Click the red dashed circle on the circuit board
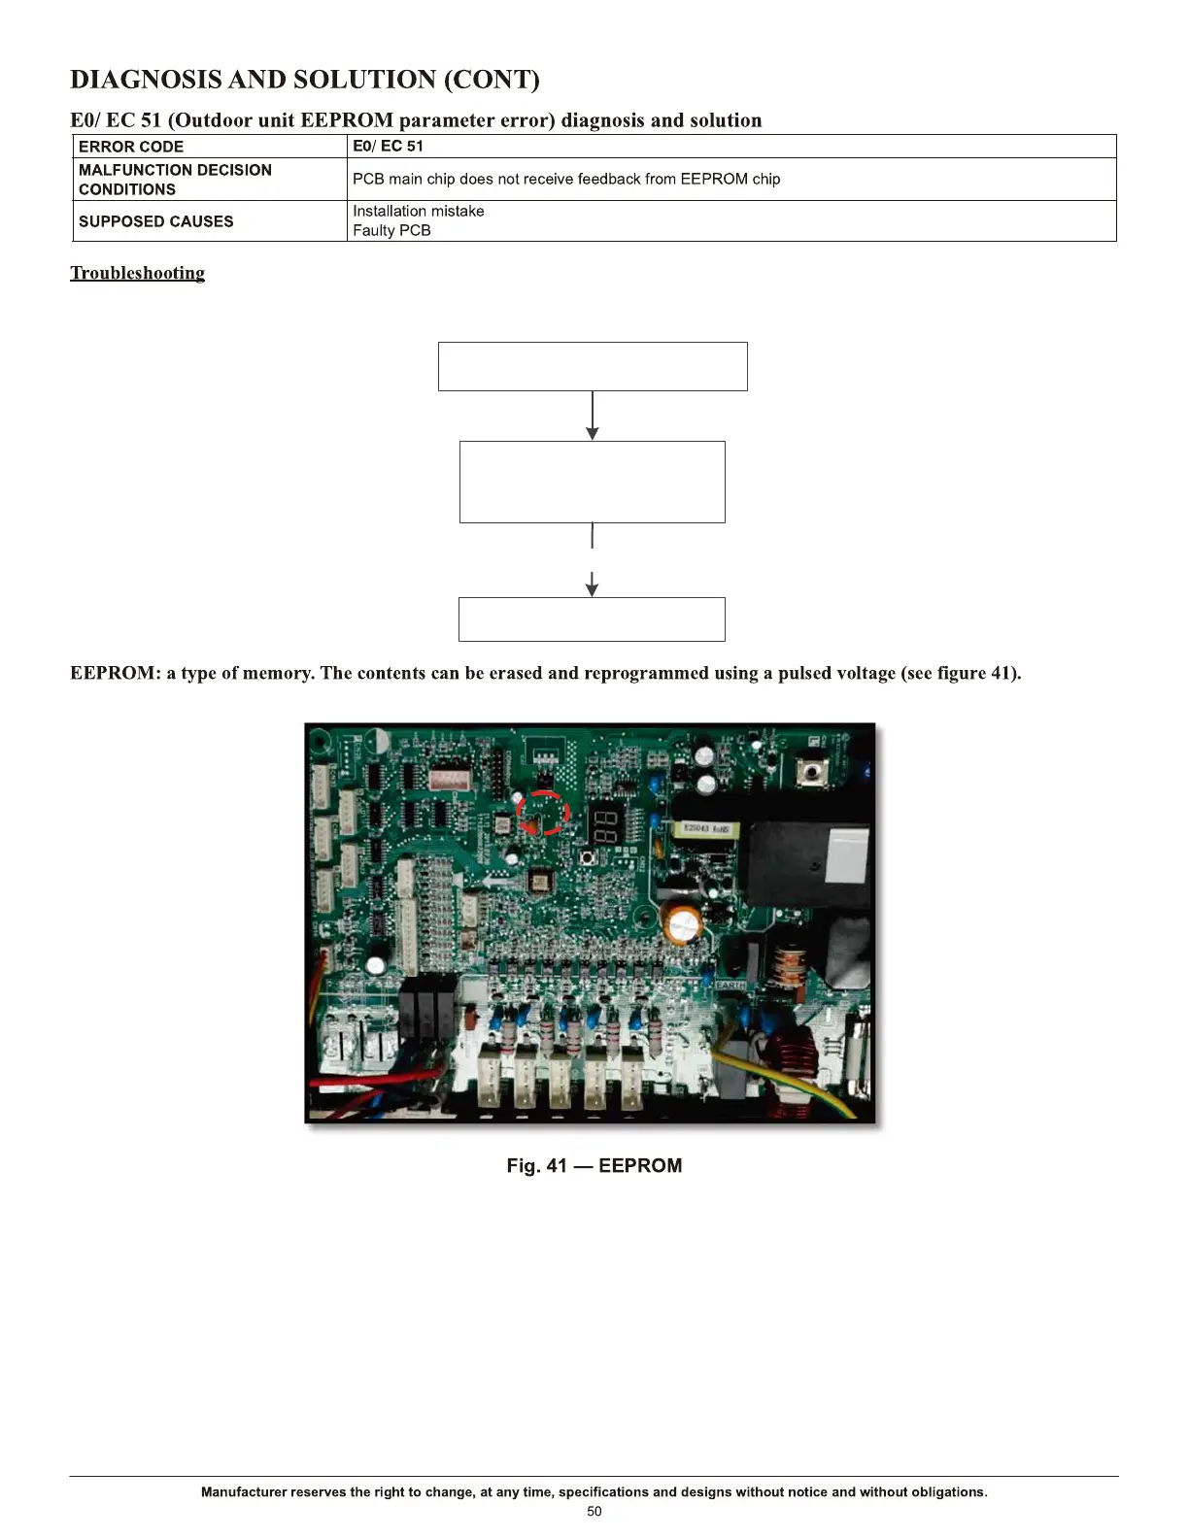click(542, 813)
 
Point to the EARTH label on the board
click(730, 985)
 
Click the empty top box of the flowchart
click(593, 366)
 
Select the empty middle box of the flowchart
click(593, 482)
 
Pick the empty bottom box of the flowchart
click(592, 619)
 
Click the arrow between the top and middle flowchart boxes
click(593, 416)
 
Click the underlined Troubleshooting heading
click(138, 273)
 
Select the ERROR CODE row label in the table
click(131, 147)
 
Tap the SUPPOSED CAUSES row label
click(155, 221)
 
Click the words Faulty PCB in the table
click(391, 231)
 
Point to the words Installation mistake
click(418, 211)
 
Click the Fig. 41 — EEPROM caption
click(594, 1165)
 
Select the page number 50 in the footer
click(594, 1512)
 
